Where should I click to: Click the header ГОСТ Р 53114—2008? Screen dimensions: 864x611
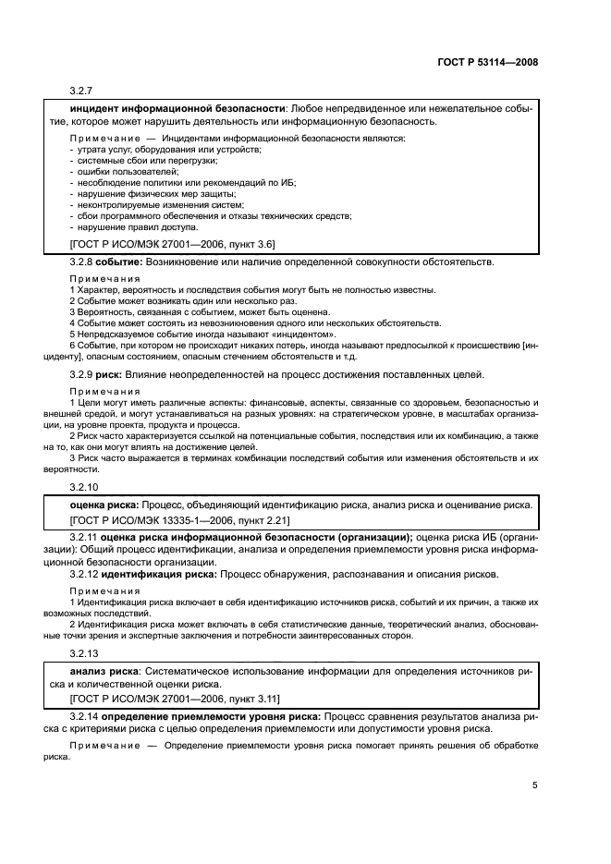click(487, 62)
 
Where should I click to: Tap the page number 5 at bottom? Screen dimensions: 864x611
click(534, 785)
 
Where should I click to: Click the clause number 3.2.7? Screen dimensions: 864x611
click(83, 91)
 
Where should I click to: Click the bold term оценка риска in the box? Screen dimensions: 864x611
click(104, 505)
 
